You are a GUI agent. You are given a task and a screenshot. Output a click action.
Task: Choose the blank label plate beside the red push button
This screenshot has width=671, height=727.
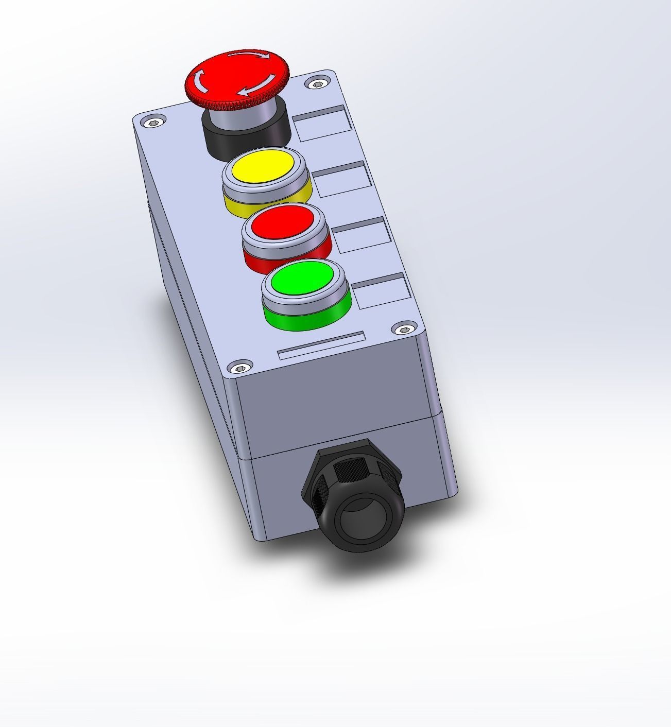pyautogui.click(x=362, y=234)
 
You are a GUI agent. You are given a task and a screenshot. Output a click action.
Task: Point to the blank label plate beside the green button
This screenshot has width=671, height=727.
pyautogui.click(x=383, y=290)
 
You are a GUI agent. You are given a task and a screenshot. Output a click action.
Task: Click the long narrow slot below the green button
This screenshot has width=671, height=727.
pyautogui.click(x=321, y=345)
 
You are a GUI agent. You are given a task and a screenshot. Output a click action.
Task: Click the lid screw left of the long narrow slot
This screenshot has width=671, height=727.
pyautogui.click(x=239, y=368)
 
